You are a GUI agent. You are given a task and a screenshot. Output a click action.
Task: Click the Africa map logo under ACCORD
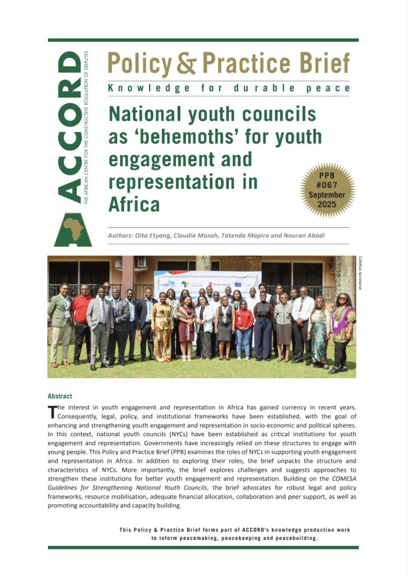[x=73, y=229]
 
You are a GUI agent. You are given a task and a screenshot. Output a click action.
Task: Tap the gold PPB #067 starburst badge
[x=327, y=189]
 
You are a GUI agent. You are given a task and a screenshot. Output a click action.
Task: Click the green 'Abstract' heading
[x=60, y=396]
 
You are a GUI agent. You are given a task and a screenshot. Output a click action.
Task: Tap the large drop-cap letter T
[x=52, y=411]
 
